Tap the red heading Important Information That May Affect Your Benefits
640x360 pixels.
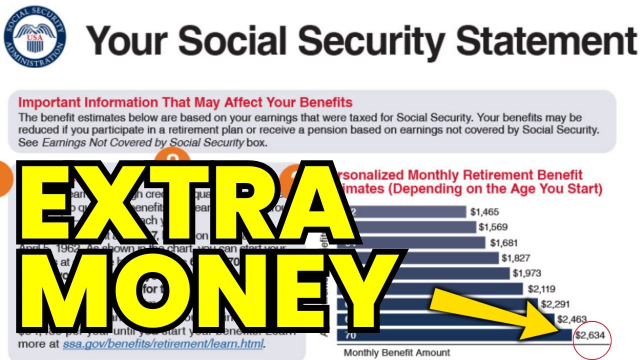(185, 102)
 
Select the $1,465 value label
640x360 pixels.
(484, 212)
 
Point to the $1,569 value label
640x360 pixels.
(493, 227)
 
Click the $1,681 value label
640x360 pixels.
(504, 243)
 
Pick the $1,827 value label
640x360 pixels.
(516, 258)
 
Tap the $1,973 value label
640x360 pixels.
(527, 273)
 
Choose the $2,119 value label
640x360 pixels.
(542, 289)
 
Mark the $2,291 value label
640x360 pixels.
(555, 304)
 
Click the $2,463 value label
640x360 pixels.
(571, 319)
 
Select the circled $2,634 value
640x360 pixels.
(590, 335)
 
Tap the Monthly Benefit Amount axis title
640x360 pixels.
(396, 352)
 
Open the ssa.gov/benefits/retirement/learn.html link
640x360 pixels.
(163, 344)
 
